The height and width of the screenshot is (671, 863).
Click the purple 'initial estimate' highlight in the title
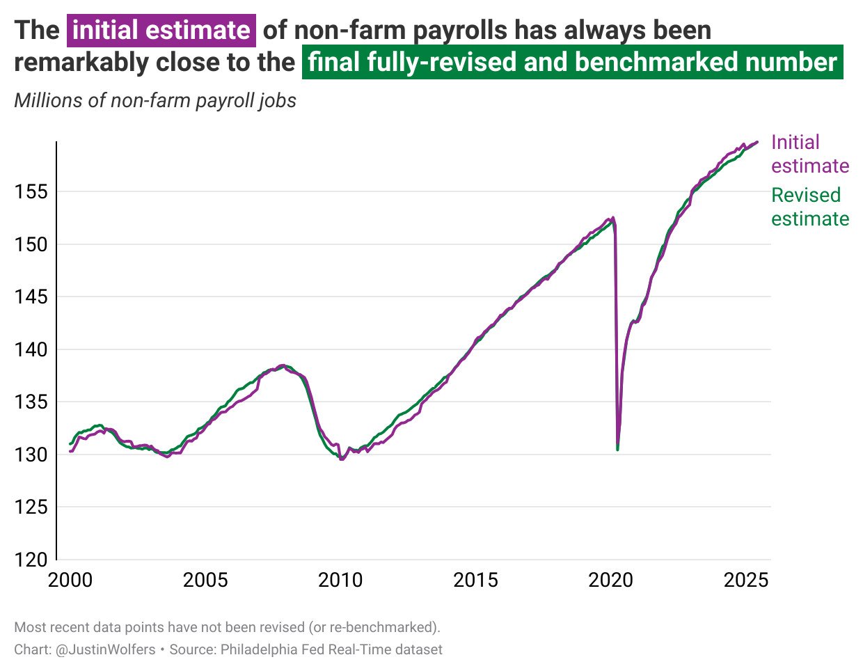tap(161, 30)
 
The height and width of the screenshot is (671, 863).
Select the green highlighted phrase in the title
tap(572, 62)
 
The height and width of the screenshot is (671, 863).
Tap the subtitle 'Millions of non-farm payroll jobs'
tap(155, 100)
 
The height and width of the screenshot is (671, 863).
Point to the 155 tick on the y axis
tap(31, 191)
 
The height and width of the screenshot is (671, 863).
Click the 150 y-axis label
tap(31, 244)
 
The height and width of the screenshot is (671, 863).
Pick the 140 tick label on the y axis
tap(31, 349)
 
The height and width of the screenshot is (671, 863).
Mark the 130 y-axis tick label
tap(31, 455)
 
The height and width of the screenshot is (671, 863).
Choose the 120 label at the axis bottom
tap(31, 559)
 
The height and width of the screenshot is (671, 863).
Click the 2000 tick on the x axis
tap(70, 580)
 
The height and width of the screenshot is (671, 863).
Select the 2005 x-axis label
tap(205, 580)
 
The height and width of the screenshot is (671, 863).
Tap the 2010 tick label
tap(340, 580)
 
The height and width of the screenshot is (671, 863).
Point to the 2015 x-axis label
tap(475, 580)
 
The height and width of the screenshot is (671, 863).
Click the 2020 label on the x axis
tap(611, 580)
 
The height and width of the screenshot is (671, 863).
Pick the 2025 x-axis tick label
tap(746, 580)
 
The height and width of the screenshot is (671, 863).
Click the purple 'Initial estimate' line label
tap(809, 154)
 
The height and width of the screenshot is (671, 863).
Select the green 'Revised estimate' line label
tap(809, 207)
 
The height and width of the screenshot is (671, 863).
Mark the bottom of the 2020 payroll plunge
tap(617, 449)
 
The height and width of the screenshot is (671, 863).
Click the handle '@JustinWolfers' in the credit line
tap(105, 649)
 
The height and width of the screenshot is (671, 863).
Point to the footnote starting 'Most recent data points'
tap(227, 627)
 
